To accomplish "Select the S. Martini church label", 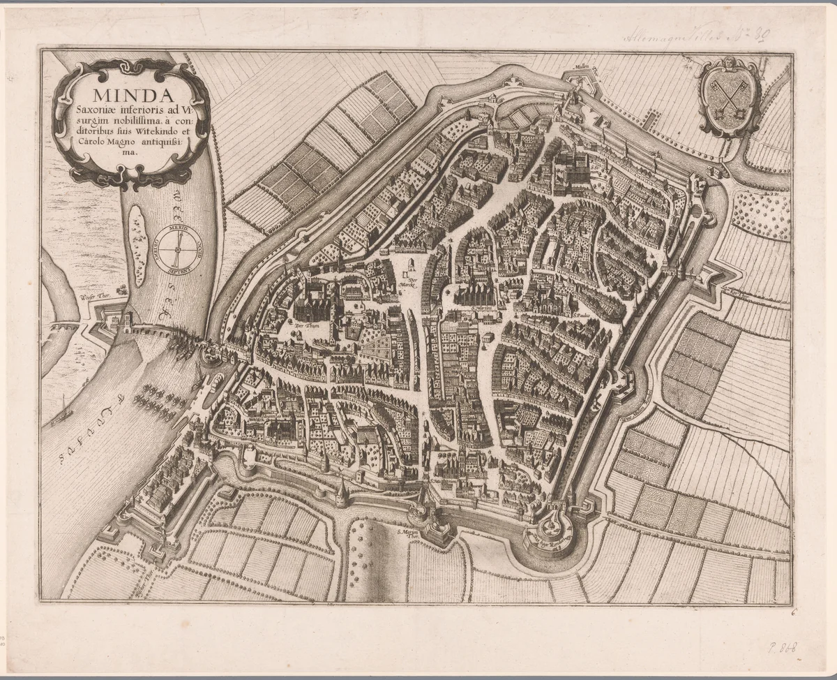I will pyautogui.click(x=481, y=308).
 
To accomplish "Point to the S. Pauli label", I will pyautogui.click(x=583, y=315).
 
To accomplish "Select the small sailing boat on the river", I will pyautogui.click(x=63, y=411).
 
